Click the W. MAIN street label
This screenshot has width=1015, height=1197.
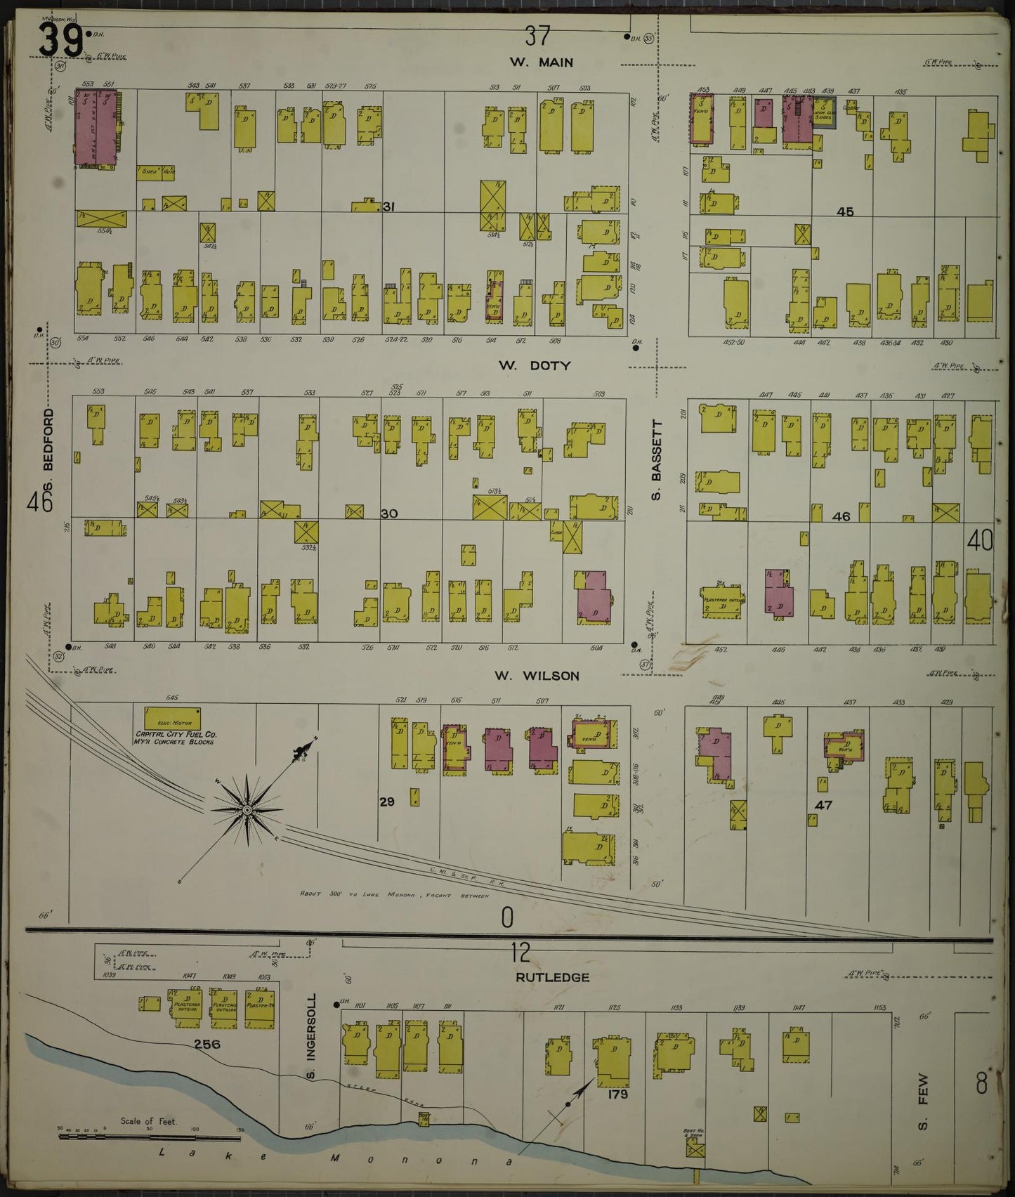(x=541, y=62)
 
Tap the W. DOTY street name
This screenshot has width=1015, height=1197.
(x=535, y=365)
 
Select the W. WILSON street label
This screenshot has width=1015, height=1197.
(x=537, y=676)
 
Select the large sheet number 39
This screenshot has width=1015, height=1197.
(x=60, y=39)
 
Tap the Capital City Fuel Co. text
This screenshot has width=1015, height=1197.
(x=176, y=733)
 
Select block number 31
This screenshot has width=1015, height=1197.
(x=390, y=207)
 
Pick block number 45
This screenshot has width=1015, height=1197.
(x=845, y=211)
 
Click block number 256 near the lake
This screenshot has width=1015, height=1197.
(x=207, y=1045)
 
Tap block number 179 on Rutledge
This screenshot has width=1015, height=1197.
(x=618, y=1094)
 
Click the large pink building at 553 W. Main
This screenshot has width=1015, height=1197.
(x=97, y=126)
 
